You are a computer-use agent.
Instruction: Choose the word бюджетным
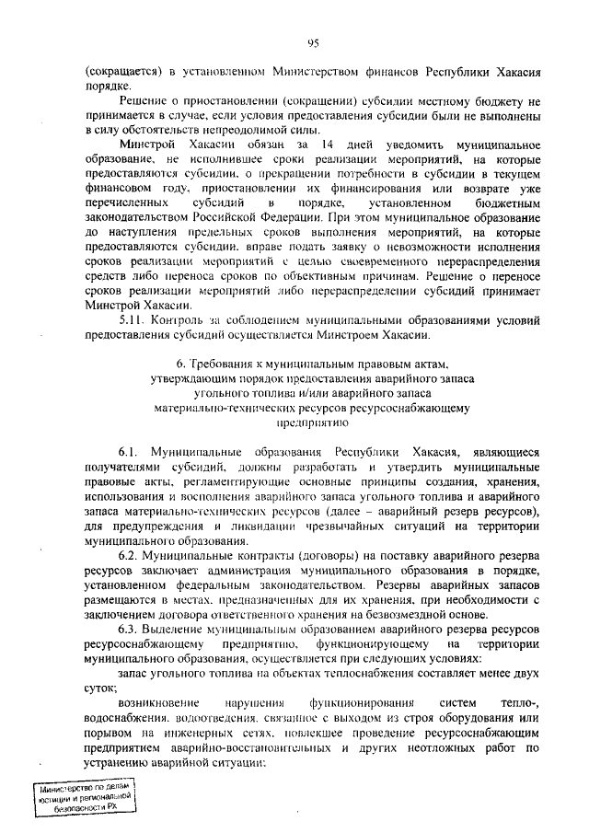(505, 201)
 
